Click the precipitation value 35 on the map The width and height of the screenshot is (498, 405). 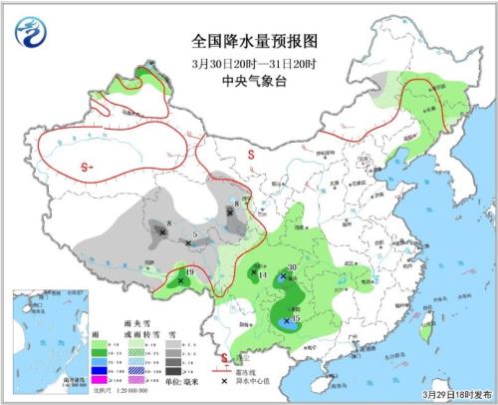point(296,317)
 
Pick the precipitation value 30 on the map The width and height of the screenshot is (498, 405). point(292,267)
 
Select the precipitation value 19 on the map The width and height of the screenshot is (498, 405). point(189,271)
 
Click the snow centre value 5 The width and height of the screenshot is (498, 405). point(195,233)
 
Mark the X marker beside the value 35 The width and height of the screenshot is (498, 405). point(287,321)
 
